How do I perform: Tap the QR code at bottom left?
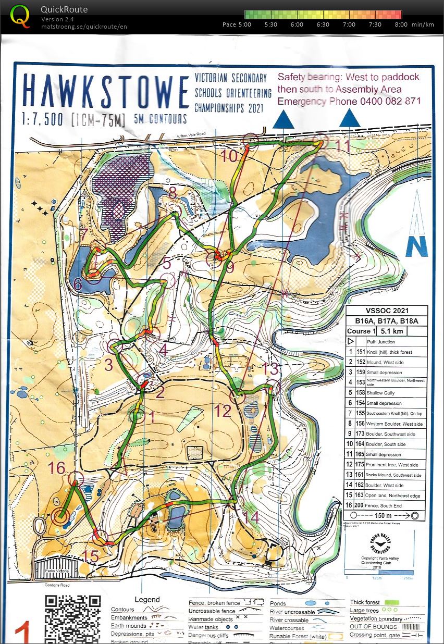click(72, 617)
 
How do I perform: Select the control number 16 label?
click(57, 467)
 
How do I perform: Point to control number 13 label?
click(270, 368)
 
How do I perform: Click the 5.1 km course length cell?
click(391, 331)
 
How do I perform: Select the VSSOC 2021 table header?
click(386, 311)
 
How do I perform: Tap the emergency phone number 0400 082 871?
click(390, 101)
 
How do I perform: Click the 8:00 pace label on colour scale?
click(401, 24)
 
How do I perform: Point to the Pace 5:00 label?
click(237, 24)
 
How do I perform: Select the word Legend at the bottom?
click(147, 600)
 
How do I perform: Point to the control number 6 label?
click(78, 284)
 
